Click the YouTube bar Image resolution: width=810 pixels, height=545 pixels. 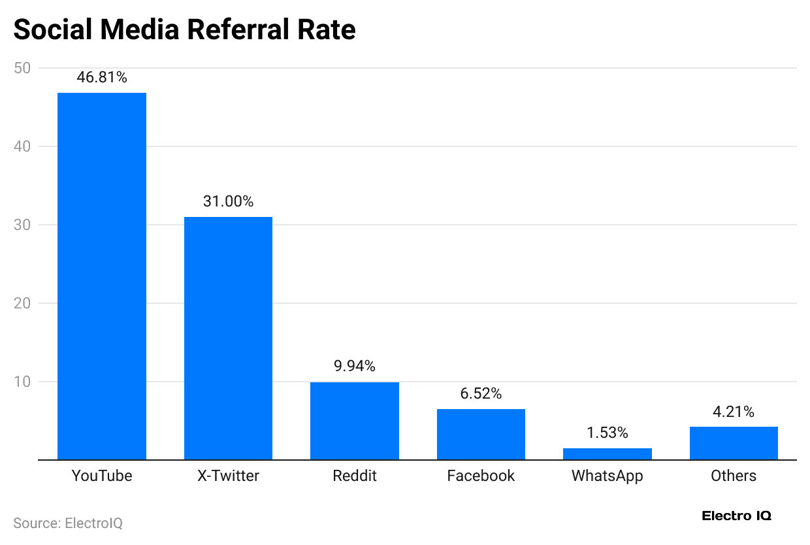[102, 276]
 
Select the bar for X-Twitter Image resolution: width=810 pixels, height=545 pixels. [228, 338]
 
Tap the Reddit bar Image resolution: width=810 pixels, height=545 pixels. [355, 421]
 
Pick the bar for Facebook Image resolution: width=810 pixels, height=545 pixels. [481, 434]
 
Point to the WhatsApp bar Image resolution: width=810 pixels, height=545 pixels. [607, 454]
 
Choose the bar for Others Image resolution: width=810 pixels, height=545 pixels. [734, 443]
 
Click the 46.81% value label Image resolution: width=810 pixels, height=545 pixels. [102, 78]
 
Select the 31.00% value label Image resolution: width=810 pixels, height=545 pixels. [228, 202]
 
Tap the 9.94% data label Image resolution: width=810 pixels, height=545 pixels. [355, 367]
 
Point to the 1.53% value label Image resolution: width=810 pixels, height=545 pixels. [607, 433]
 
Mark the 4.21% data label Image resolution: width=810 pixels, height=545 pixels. [734, 412]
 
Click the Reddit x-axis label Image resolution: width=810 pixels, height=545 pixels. [355, 476]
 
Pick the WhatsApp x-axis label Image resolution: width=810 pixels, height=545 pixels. [607, 476]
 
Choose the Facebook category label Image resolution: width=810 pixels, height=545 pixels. [481, 476]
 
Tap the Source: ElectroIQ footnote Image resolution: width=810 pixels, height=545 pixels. [68, 523]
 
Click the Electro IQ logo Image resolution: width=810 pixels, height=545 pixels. [736, 516]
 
